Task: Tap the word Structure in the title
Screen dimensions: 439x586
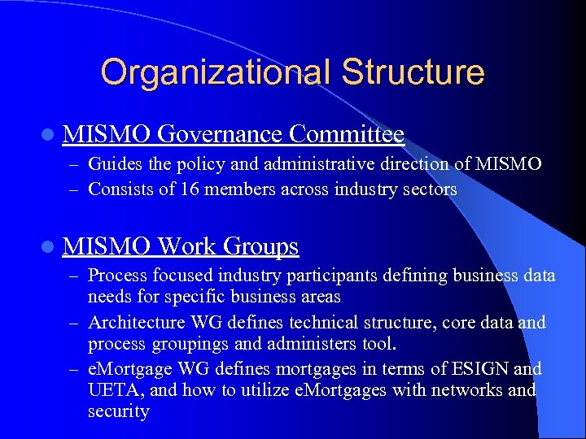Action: tap(413, 72)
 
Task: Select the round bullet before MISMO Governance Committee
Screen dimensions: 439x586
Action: tap(49, 133)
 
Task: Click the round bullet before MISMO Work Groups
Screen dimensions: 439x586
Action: tap(49, 246)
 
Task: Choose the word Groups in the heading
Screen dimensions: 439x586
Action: tap(260, 246)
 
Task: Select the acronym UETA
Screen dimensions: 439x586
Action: tap(112, 389)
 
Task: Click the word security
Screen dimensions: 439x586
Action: tap(118, 411)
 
